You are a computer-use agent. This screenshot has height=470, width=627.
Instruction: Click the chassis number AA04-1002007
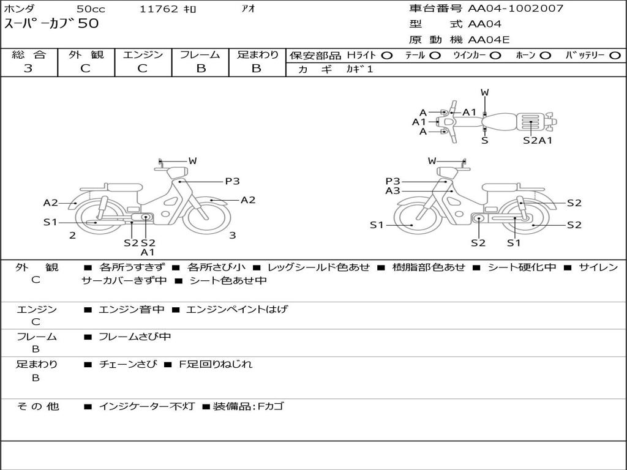(516, 9)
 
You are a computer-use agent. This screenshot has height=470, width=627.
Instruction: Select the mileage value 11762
(159, 9)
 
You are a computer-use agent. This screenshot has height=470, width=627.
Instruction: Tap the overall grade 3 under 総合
(28, 69)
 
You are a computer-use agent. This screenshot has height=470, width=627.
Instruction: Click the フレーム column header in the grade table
(200, 54)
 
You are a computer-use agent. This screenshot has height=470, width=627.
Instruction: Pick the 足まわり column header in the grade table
(257, 54)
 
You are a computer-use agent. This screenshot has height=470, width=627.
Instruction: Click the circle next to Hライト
(387, 56)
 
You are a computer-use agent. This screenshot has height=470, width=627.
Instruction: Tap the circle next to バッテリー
(615, 56)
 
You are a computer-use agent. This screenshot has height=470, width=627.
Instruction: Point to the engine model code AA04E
(489, 40)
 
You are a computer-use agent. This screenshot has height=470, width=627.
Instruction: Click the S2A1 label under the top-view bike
(538, 140)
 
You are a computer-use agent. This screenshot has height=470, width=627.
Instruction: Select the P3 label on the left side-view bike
(232, 181)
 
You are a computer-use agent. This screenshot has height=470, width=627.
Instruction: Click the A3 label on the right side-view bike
(392, 191)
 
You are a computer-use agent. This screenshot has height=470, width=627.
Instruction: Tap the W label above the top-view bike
(485, 92)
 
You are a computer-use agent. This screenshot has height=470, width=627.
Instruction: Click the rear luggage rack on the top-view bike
(530, 122)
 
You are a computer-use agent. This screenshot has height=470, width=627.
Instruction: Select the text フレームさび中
(135, 337)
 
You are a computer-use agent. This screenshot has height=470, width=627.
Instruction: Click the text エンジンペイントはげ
(237, 309)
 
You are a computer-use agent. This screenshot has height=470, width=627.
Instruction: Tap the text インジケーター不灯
(147, 406)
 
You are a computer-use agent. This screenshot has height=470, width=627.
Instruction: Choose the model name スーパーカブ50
(51, 24)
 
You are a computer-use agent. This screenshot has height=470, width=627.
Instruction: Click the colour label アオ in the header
(249, 9)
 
